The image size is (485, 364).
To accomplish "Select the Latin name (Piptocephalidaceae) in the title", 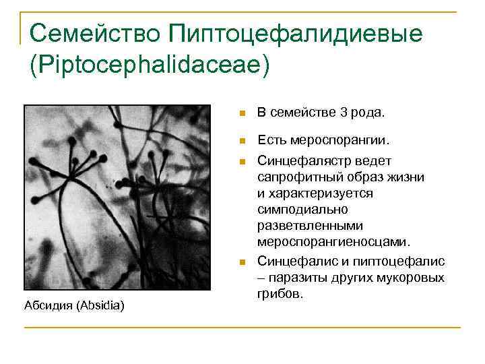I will coord(149,65).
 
